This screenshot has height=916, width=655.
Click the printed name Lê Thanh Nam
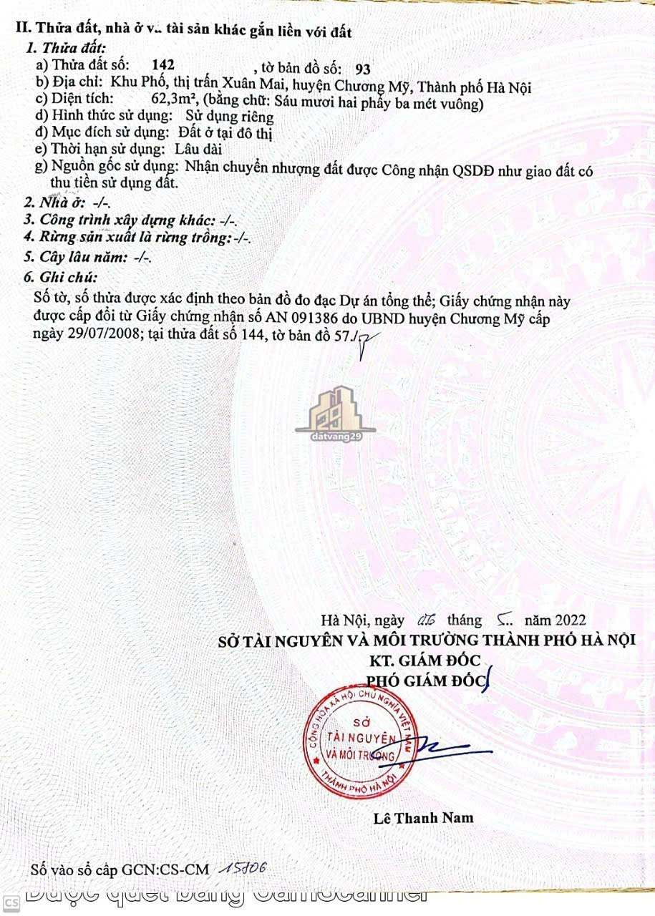tap(424, 817)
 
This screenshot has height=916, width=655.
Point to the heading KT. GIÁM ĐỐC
tap(424, 659)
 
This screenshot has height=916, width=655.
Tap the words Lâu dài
tap(198, 150)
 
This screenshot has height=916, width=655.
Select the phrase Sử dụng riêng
tap(230, 117)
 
